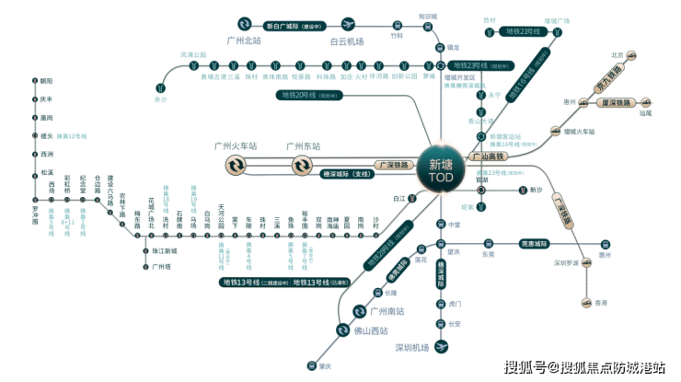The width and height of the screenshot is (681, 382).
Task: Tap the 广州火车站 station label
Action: [x=236, y=146]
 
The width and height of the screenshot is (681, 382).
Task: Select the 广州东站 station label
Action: [x=303, y=146]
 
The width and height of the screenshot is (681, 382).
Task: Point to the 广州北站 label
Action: [x=245, y=41]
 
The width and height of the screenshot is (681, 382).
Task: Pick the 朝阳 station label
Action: [x=47, y=81]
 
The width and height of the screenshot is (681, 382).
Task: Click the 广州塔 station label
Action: [x=162, y=266]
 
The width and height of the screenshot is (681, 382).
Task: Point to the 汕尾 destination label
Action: [x=647, y=113]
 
